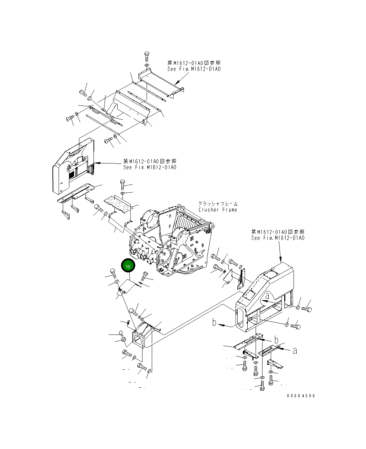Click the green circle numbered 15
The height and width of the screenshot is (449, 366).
(128, 266)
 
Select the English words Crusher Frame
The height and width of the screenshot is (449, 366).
(218, 210)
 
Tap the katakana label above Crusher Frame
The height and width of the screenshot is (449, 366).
(218, 204)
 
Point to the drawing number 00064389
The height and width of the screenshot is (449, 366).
(300, 396)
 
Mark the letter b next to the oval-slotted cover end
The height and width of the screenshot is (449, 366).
(215, 323)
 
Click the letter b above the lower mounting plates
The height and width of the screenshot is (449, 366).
(276, 340)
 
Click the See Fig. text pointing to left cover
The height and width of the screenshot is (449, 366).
(150, 167)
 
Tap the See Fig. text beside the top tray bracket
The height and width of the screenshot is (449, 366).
(194, 69)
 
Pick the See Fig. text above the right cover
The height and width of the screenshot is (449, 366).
(278, 238)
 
